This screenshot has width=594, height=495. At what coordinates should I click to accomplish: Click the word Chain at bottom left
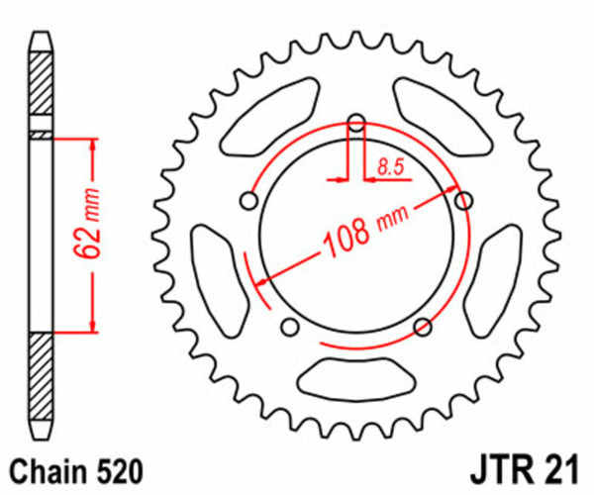coord(45,468)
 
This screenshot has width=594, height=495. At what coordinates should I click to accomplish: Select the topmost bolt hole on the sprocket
coord(357,123)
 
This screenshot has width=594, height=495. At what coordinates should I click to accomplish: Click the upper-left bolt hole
coord(247,202)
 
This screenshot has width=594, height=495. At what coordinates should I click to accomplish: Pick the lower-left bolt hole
coord(289,328)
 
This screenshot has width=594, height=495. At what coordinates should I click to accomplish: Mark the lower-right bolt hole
coord(423,327)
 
